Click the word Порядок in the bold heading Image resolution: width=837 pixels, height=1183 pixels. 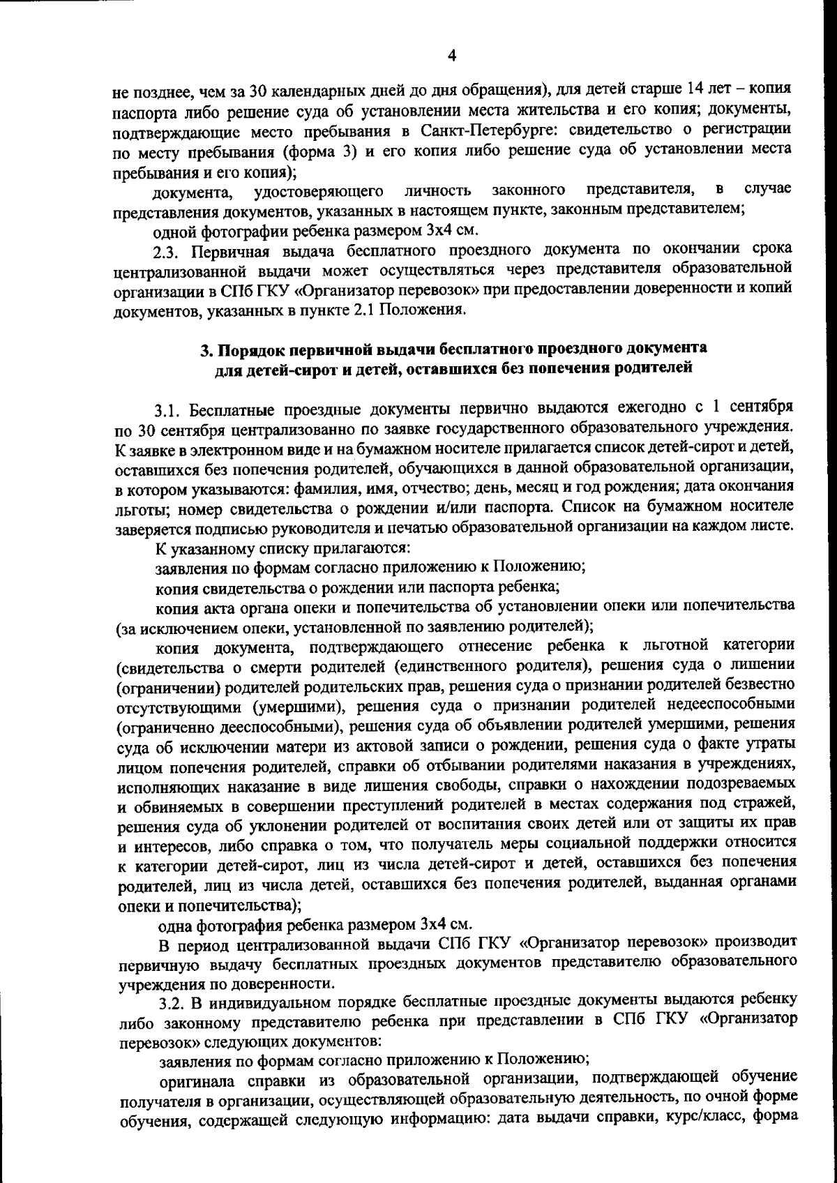point(252,349)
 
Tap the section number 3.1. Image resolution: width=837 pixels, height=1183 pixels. point(169,407)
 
